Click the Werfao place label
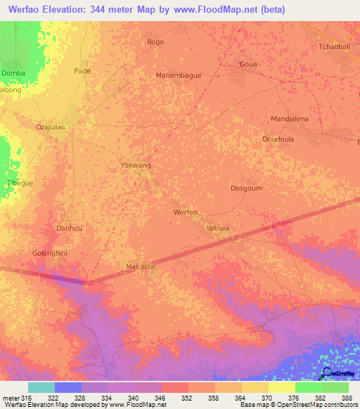click(186, 212)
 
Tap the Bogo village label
click(155, 42)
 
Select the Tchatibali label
click(335, 47)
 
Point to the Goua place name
click(248, 64)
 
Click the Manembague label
click(179, 75)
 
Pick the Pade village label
click(83, 71)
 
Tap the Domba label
click(13, 73)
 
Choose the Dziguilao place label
click(51, 127)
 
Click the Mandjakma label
click(290, 119)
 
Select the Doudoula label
click(277, 139)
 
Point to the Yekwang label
click(136, 165)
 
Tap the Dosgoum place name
click(246, 188)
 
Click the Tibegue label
click(20, 183)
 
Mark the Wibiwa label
click(218, 228)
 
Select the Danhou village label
click(69, 228)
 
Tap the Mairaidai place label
click(140, 267)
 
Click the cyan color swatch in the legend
click(41, 387)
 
